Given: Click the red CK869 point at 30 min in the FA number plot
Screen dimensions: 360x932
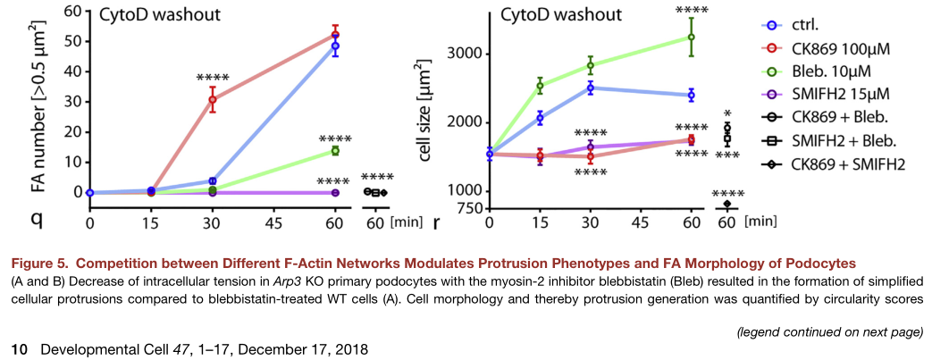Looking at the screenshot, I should pos(212,99).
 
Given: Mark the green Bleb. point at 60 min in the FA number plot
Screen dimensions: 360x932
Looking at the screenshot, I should pos(335,151).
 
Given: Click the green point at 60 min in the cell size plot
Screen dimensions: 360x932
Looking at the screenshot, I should pos(691,37).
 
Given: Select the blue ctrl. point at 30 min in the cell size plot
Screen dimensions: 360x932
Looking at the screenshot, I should pos(590,88).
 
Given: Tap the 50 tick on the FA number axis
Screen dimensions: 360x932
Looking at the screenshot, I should pos(68,41).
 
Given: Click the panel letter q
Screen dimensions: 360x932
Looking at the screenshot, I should pos(15,219).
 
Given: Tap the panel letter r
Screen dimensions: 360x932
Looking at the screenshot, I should pos(437,220).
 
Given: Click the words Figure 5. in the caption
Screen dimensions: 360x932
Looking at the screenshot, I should pos(37,262).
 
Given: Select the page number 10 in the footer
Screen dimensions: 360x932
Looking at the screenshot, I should pos(17,346).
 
